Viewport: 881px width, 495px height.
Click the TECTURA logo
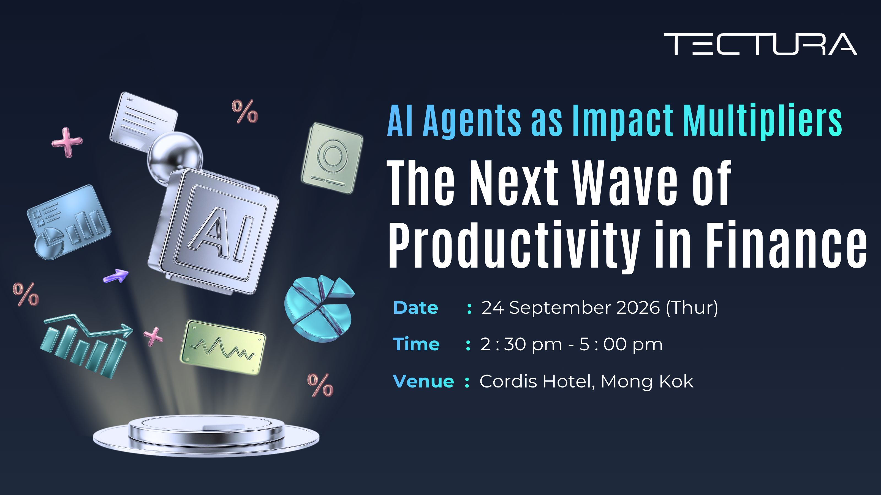tap(760, 44)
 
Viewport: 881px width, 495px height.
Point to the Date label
tap(415, 308)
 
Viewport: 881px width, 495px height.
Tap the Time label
tap(416, 344)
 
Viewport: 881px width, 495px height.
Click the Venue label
tap(423, 381)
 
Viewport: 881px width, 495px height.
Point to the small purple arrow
tap(116, 276)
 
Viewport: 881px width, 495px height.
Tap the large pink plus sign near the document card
tap(67, 142)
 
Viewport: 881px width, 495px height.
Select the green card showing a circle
tap(332, 158)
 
